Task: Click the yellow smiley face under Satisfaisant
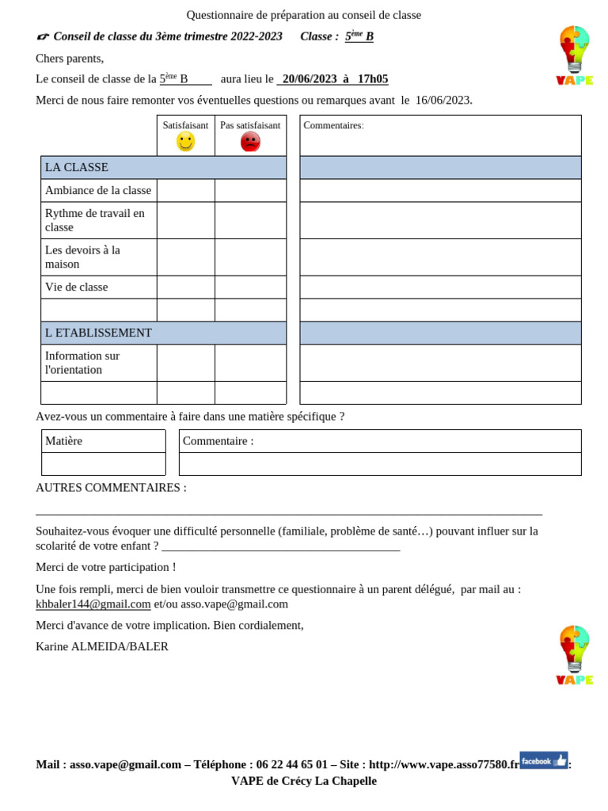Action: coord(185,142)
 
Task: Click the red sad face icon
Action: coord(250,142)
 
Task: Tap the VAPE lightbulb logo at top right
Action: coord(574,55)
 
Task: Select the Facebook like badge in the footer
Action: coord(543,760)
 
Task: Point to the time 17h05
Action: coord(373,79)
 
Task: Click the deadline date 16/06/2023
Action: coord(443,100)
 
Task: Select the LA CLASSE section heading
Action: coord(77,167)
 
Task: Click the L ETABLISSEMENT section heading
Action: coord(98,333)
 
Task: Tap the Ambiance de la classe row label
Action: coord(98,190)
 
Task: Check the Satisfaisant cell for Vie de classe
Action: coord(185,287)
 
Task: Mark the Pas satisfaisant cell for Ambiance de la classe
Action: coord(250,190)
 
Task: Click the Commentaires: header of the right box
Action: coord(333,125)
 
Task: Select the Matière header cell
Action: coord(64,441)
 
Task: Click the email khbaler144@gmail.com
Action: coord(93,603)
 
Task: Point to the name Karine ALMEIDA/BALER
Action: coord(102,646)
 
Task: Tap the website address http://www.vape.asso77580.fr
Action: coord(444,764)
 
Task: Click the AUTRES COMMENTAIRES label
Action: coord(111,487)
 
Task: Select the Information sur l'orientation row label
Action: coord(82,363)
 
